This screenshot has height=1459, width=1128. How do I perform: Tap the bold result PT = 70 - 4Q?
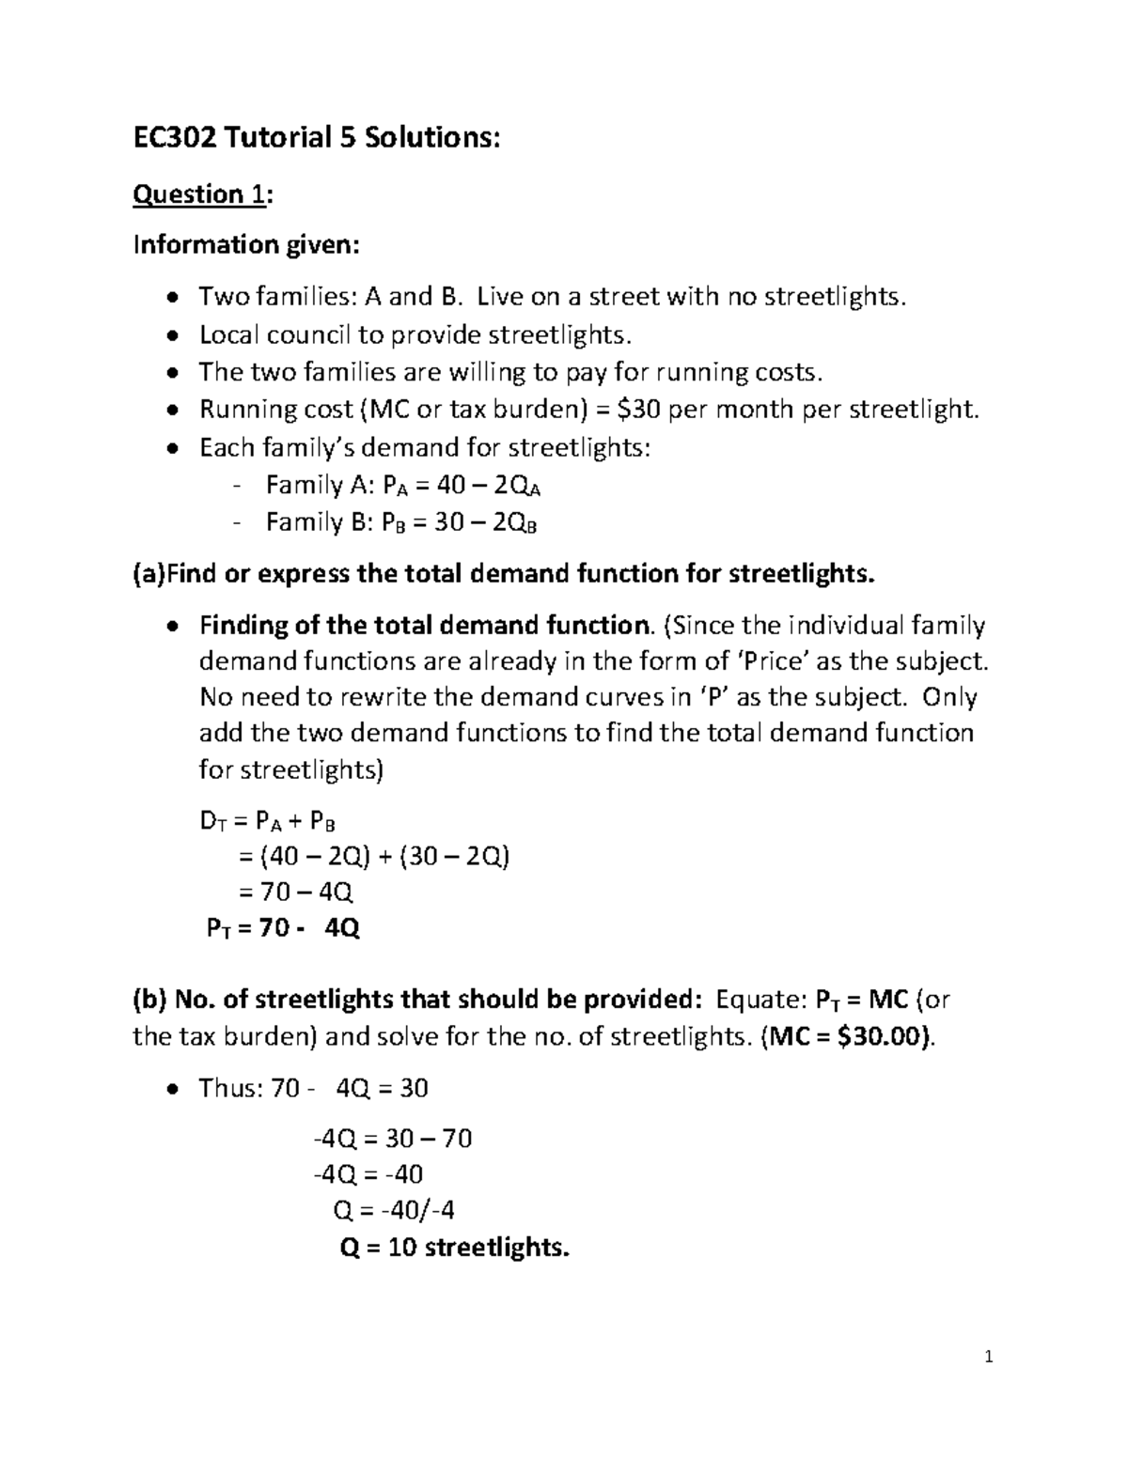283,929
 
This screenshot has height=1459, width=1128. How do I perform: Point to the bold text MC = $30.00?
849,1036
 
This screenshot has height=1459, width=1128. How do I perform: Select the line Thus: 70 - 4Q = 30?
313,1089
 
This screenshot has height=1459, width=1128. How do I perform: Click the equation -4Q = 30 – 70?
392,1140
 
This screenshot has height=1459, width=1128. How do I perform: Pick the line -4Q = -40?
368,1174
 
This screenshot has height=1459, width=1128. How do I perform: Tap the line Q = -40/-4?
394,1211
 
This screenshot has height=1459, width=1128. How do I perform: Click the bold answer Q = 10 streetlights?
453,1248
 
